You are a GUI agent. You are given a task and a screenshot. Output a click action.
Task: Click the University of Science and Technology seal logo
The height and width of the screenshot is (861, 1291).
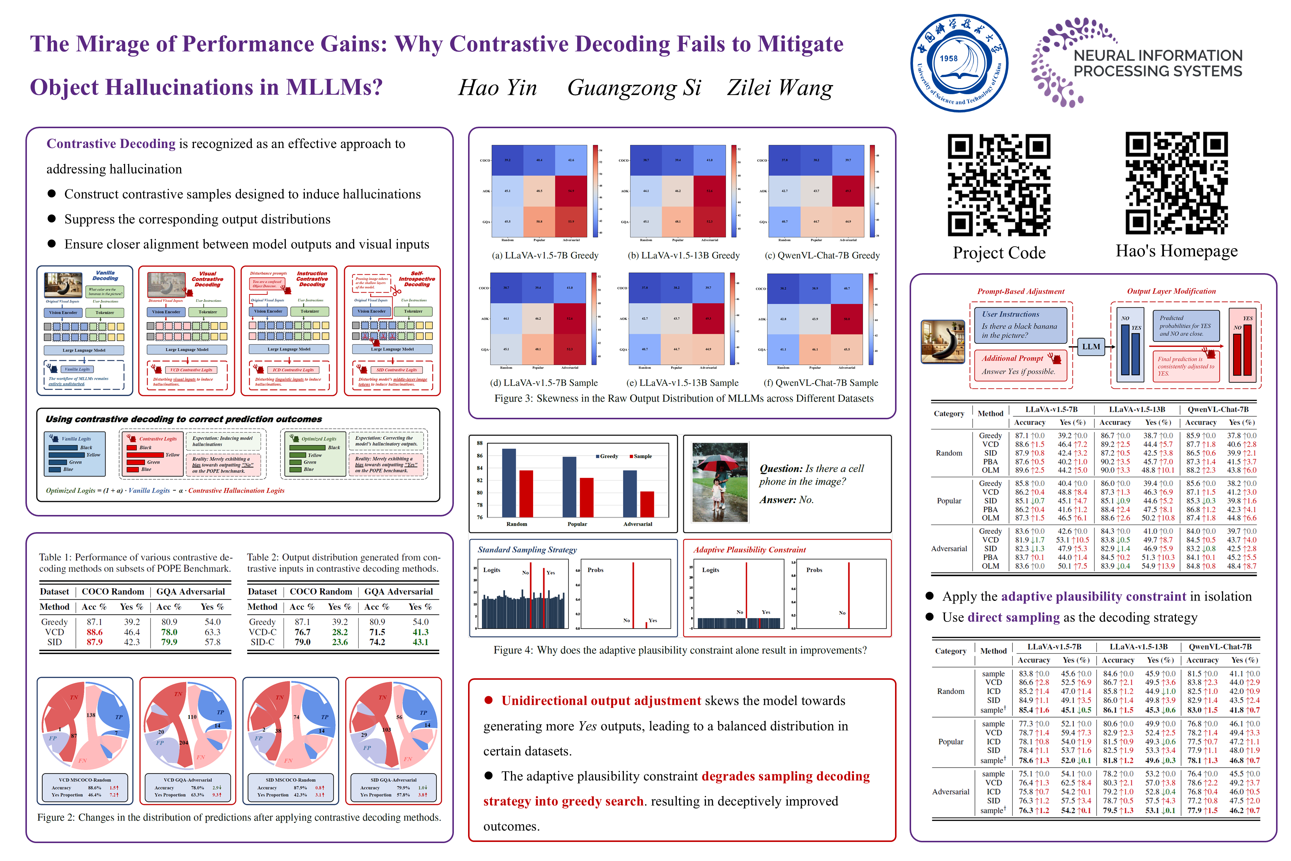[x=959, y=63]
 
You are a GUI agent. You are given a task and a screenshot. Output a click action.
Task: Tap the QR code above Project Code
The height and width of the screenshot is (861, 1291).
[x=999, y=185]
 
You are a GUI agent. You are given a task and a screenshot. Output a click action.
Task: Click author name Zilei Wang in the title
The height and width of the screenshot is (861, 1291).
[x=780, y=88]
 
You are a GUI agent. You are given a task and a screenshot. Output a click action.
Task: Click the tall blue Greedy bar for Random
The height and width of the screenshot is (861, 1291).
[x=509, y=483]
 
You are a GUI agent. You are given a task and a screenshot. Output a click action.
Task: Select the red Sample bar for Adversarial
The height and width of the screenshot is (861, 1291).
[x=647, y=504]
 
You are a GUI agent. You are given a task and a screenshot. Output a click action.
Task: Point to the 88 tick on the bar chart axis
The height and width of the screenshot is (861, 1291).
[x=480, y=443]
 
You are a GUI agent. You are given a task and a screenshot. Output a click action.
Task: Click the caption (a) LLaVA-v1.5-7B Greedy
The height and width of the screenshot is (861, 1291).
[x=545, y=255]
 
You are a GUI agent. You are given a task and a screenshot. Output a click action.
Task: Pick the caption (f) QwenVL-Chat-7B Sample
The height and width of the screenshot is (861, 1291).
[x=821, y=383]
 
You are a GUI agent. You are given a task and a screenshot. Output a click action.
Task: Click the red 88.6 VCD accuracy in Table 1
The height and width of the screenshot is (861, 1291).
[x=95, y=632]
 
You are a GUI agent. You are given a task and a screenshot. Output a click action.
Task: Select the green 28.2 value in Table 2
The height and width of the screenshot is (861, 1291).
[x=340, y=632]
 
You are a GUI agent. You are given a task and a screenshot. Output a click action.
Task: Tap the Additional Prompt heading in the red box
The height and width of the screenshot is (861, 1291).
[x=1012, y=358]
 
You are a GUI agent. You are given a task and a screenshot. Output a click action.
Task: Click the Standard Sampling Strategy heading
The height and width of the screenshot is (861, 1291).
[x=527, y=550]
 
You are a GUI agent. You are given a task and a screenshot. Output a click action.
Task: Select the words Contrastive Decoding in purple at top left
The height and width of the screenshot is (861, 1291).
[x=111, y=144]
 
